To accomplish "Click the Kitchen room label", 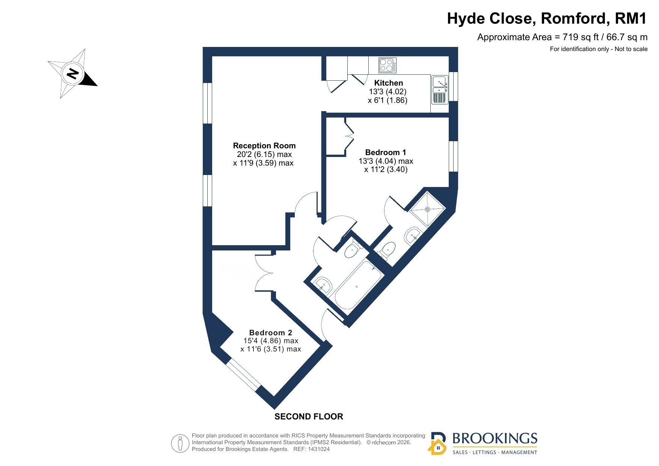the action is click(x=388, y=83).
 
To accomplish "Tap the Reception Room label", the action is click(x=264, y=146).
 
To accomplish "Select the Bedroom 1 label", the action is click(x=386, y=152).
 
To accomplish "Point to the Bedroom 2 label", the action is click(x=271, y=333).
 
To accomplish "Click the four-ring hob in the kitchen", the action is click(x=387, y=65).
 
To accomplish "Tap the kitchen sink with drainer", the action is click(x=439, y=90).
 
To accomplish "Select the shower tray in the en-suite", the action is click(x=427, y=209).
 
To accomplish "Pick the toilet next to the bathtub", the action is click(x=352, y=249).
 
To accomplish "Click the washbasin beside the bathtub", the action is click(x=323, y=286).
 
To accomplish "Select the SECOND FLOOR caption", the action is click(x=309, y=416).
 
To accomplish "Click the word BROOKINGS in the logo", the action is click(x=495, y=439).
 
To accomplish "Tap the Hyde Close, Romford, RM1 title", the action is click(x=547, y=18).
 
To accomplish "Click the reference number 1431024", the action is click(x=318, y=449).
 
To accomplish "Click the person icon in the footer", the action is click(x=180, y=443).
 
